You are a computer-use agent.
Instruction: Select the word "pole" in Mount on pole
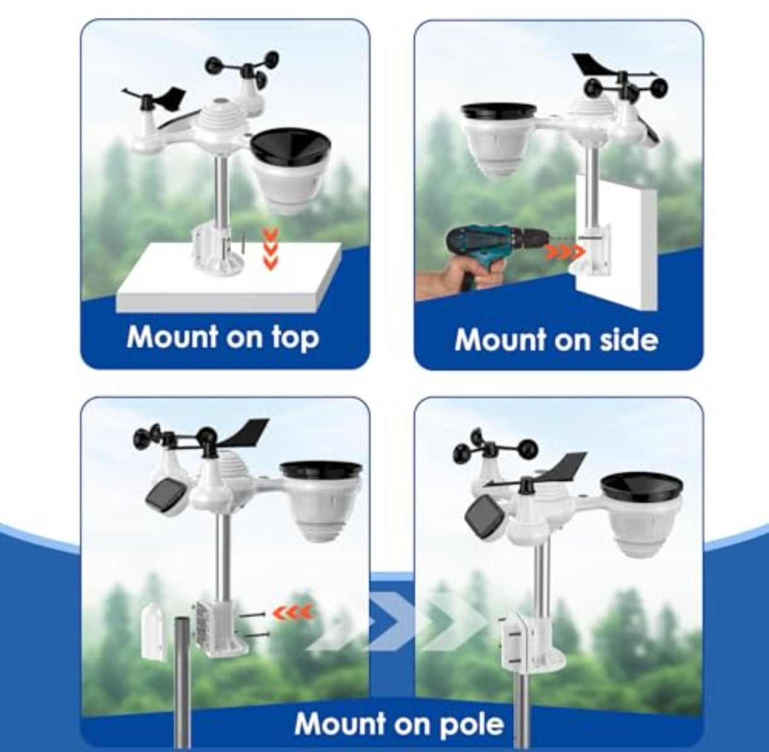click(472, 724)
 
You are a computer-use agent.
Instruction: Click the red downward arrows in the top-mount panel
click(270, 249)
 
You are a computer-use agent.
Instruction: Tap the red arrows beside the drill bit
click(565, 251)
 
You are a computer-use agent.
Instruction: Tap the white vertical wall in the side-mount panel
click(616, 241)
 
